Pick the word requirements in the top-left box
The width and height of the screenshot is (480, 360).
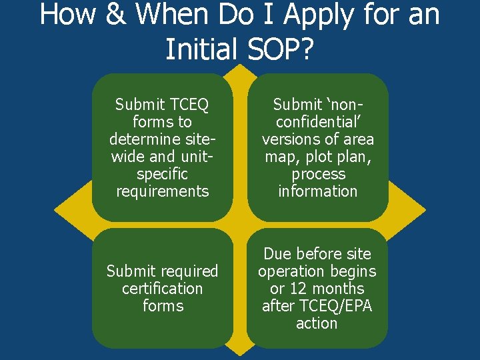point(163,191)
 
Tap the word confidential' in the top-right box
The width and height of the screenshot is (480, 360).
point(317,122)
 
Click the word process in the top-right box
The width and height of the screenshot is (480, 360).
point(318,174)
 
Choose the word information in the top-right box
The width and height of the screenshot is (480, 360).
point(318,191)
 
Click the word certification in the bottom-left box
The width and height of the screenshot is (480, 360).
point(163,289)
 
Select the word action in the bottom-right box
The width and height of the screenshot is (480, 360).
point(317,323)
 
